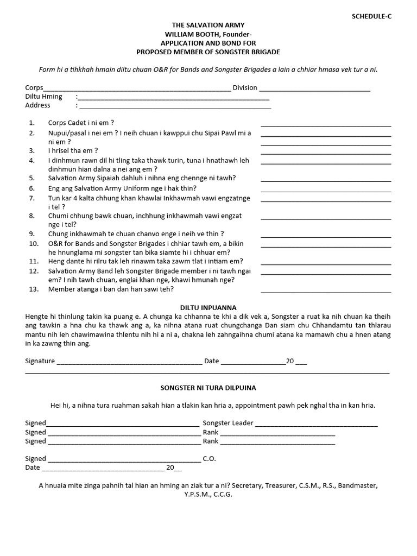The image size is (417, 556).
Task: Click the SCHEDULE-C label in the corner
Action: click(x=372, y=16)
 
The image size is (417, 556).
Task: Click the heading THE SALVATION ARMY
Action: click(x=208, y=26)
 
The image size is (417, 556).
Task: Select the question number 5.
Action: click(x=32, y=178)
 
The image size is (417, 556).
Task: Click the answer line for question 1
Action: click(x=326, y=125)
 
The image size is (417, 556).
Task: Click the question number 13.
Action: click(x=34, y=289)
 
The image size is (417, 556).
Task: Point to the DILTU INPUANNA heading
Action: click(x=208, y=307)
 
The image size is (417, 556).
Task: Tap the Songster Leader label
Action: click(x=228, y=423)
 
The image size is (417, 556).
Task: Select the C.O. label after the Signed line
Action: click(x=209, y=459)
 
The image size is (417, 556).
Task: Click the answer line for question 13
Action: click(x=326, y=292)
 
